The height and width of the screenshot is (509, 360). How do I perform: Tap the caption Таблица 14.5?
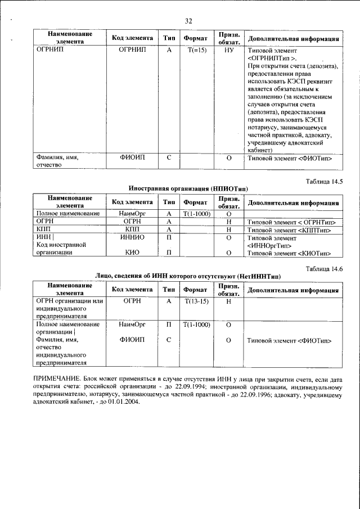pos(323,181)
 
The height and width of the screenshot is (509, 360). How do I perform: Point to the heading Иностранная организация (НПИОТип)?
pos(188,189)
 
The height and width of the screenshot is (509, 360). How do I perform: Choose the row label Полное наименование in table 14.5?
pos(67,214)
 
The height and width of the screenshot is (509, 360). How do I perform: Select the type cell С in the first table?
pos(169,158)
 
